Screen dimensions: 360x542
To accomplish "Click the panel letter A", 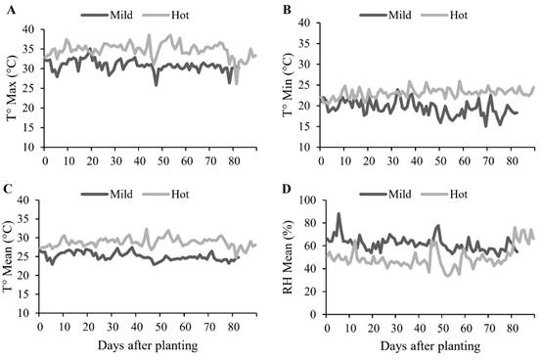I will coord(9,9).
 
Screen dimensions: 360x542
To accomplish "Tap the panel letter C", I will coord(9,189).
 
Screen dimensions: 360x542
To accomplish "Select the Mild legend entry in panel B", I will coord(397,16).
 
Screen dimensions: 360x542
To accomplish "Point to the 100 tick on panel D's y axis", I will coord(305,201).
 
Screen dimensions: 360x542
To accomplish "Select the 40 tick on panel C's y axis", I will coord(29,201).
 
